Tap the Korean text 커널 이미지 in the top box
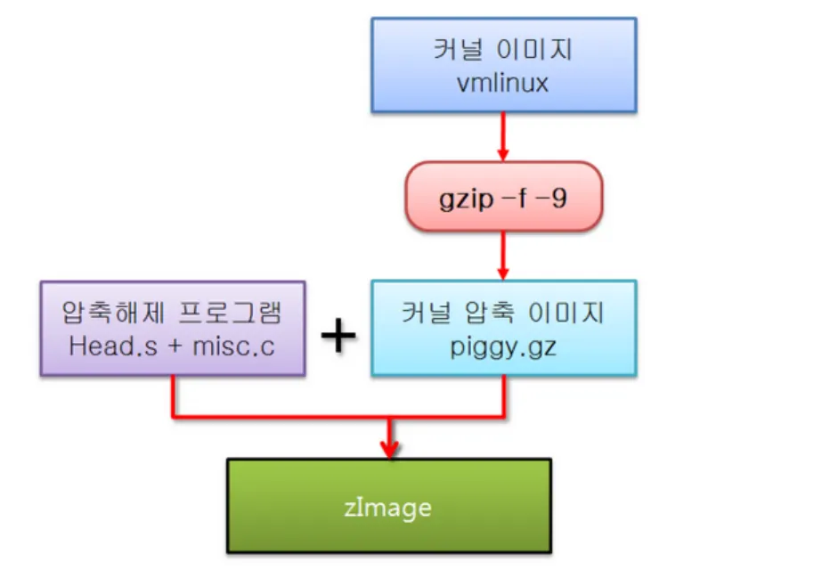pyautogui.click(x=503, y=49)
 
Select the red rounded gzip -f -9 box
pyautogui.click(x=504, y=196)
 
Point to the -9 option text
pyautogui.click(x=552, y=197)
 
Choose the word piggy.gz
pyautogui.click(x=503, y=344)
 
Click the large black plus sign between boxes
pyautogui.click(x=338, y=336)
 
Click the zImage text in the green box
pyautogui.click(x=387, y=507)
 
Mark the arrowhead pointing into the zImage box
pyautogui.click(x=388, y=450)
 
